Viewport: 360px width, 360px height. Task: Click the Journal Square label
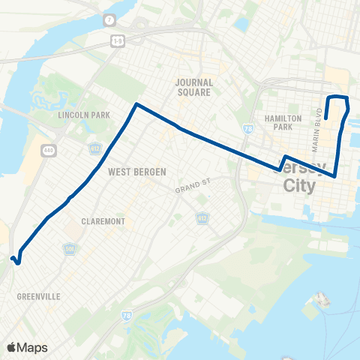[193, 87]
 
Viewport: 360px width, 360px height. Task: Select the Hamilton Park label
[283, 123]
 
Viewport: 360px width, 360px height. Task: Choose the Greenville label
[38, 297]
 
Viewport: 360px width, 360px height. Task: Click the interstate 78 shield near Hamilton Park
[247, 130]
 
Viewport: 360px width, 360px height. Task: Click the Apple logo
[11, 347]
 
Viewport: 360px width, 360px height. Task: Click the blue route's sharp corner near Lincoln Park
[136, 104]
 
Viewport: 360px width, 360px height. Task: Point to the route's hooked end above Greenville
[15, 259]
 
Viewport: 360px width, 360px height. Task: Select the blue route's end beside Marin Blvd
[325, 118]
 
